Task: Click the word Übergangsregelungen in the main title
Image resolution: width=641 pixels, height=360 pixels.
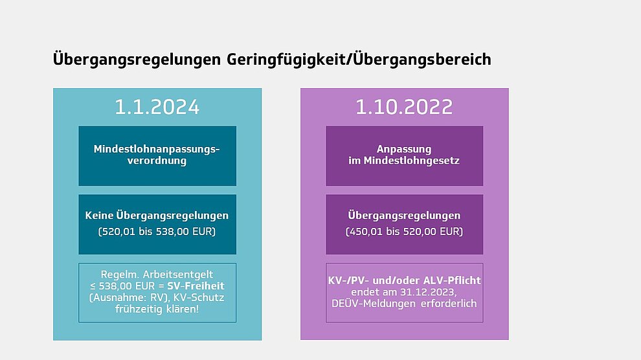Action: click(137, 60)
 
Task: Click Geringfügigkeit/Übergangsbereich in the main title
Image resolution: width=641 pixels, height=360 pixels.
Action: click(359, 60)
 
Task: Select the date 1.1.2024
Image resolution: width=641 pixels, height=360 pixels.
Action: click(157, 107)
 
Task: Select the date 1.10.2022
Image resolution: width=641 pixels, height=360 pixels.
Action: click(404, 107)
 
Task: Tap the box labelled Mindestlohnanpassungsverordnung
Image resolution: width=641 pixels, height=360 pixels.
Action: click(157, 155)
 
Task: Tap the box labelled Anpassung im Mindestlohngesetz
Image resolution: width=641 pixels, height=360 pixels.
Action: click(404, 155)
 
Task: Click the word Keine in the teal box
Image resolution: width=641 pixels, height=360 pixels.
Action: click(99, 216)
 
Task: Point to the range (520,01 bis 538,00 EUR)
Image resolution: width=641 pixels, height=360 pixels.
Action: click(157, 232)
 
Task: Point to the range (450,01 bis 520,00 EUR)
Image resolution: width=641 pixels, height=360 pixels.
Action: click(404, 232)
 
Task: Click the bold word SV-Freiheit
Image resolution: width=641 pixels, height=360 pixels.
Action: click(196, 286)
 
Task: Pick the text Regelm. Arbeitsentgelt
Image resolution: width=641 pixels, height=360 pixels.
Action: click(157, 275)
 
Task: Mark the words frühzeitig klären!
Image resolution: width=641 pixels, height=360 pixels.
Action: click(157, 309)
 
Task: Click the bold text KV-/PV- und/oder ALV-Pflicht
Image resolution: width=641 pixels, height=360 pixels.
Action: click(404, 280)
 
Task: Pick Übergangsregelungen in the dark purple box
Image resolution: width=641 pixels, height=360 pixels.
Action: click(404, 216)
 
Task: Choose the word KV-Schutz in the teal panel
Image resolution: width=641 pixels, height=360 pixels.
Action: click(199, 297)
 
